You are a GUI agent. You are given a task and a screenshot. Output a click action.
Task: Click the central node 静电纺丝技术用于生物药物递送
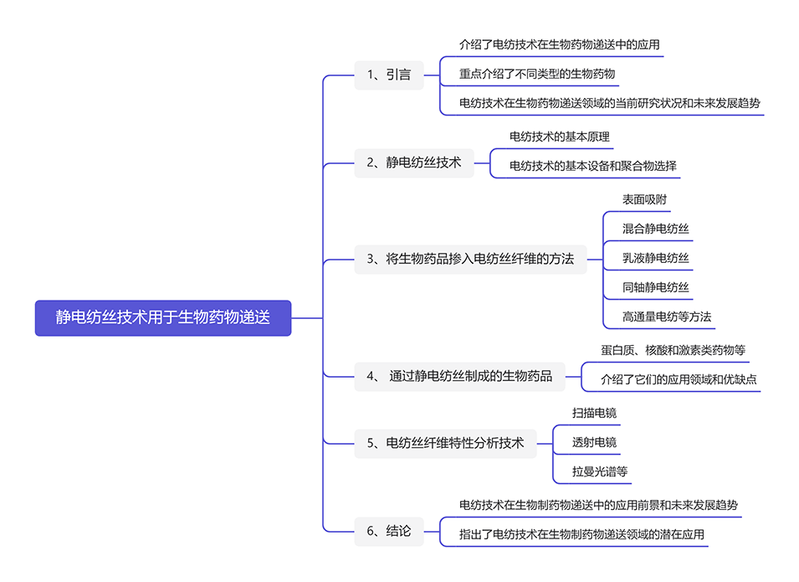163,318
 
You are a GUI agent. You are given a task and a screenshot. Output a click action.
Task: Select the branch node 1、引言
389,75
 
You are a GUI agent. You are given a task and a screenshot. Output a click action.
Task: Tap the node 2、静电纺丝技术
414,162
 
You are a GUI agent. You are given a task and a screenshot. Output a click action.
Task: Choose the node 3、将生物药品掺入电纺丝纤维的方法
470,259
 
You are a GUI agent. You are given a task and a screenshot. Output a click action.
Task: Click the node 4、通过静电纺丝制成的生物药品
459,376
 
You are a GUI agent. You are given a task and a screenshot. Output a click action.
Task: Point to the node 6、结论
389,531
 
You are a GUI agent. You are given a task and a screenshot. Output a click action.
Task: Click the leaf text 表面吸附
645,199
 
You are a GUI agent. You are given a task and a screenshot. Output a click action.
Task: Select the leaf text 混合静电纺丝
656,229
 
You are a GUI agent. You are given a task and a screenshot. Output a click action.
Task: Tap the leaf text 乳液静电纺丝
656,258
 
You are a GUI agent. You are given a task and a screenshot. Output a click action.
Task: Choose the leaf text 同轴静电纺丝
656,287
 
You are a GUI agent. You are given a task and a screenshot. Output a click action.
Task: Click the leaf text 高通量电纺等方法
667,317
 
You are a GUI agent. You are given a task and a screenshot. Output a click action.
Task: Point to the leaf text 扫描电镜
595,413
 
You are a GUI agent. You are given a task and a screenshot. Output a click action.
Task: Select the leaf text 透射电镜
595,442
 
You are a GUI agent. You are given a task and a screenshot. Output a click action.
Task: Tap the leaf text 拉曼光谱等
600,471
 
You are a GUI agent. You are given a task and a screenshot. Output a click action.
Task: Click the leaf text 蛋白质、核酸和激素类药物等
673,350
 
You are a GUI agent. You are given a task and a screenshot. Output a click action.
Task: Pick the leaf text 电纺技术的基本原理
560,136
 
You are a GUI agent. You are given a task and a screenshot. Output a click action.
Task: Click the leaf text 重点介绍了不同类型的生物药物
537,74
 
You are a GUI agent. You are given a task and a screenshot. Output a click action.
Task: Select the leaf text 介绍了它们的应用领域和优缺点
679,379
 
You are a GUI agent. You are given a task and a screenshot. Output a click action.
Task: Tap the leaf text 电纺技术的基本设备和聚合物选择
593,166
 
